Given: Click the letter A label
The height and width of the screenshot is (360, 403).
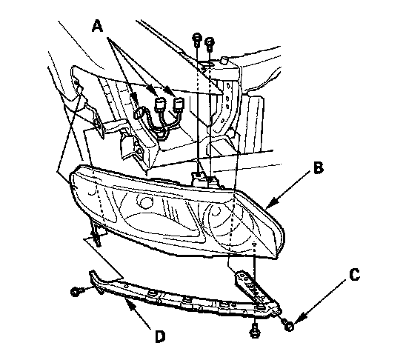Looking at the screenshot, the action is pos(98,27).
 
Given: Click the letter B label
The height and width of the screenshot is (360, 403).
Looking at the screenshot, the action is pos(319,168).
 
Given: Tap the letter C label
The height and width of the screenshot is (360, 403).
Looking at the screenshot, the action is pos(354,274).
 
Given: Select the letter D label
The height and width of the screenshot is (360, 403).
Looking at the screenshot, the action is pos(160,336).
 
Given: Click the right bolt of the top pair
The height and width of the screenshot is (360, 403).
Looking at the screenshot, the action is pos(210,44).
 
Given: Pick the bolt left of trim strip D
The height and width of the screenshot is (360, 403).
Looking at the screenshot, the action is pos(76,292).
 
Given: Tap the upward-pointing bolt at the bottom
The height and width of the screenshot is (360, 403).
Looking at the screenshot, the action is pos(254,331).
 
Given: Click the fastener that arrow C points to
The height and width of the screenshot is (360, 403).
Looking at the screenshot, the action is pos(288,325).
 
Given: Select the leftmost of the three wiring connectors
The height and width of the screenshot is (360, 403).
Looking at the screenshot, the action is pos(139,114).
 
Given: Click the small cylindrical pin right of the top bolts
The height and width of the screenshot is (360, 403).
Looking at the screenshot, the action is pos(224,61).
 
